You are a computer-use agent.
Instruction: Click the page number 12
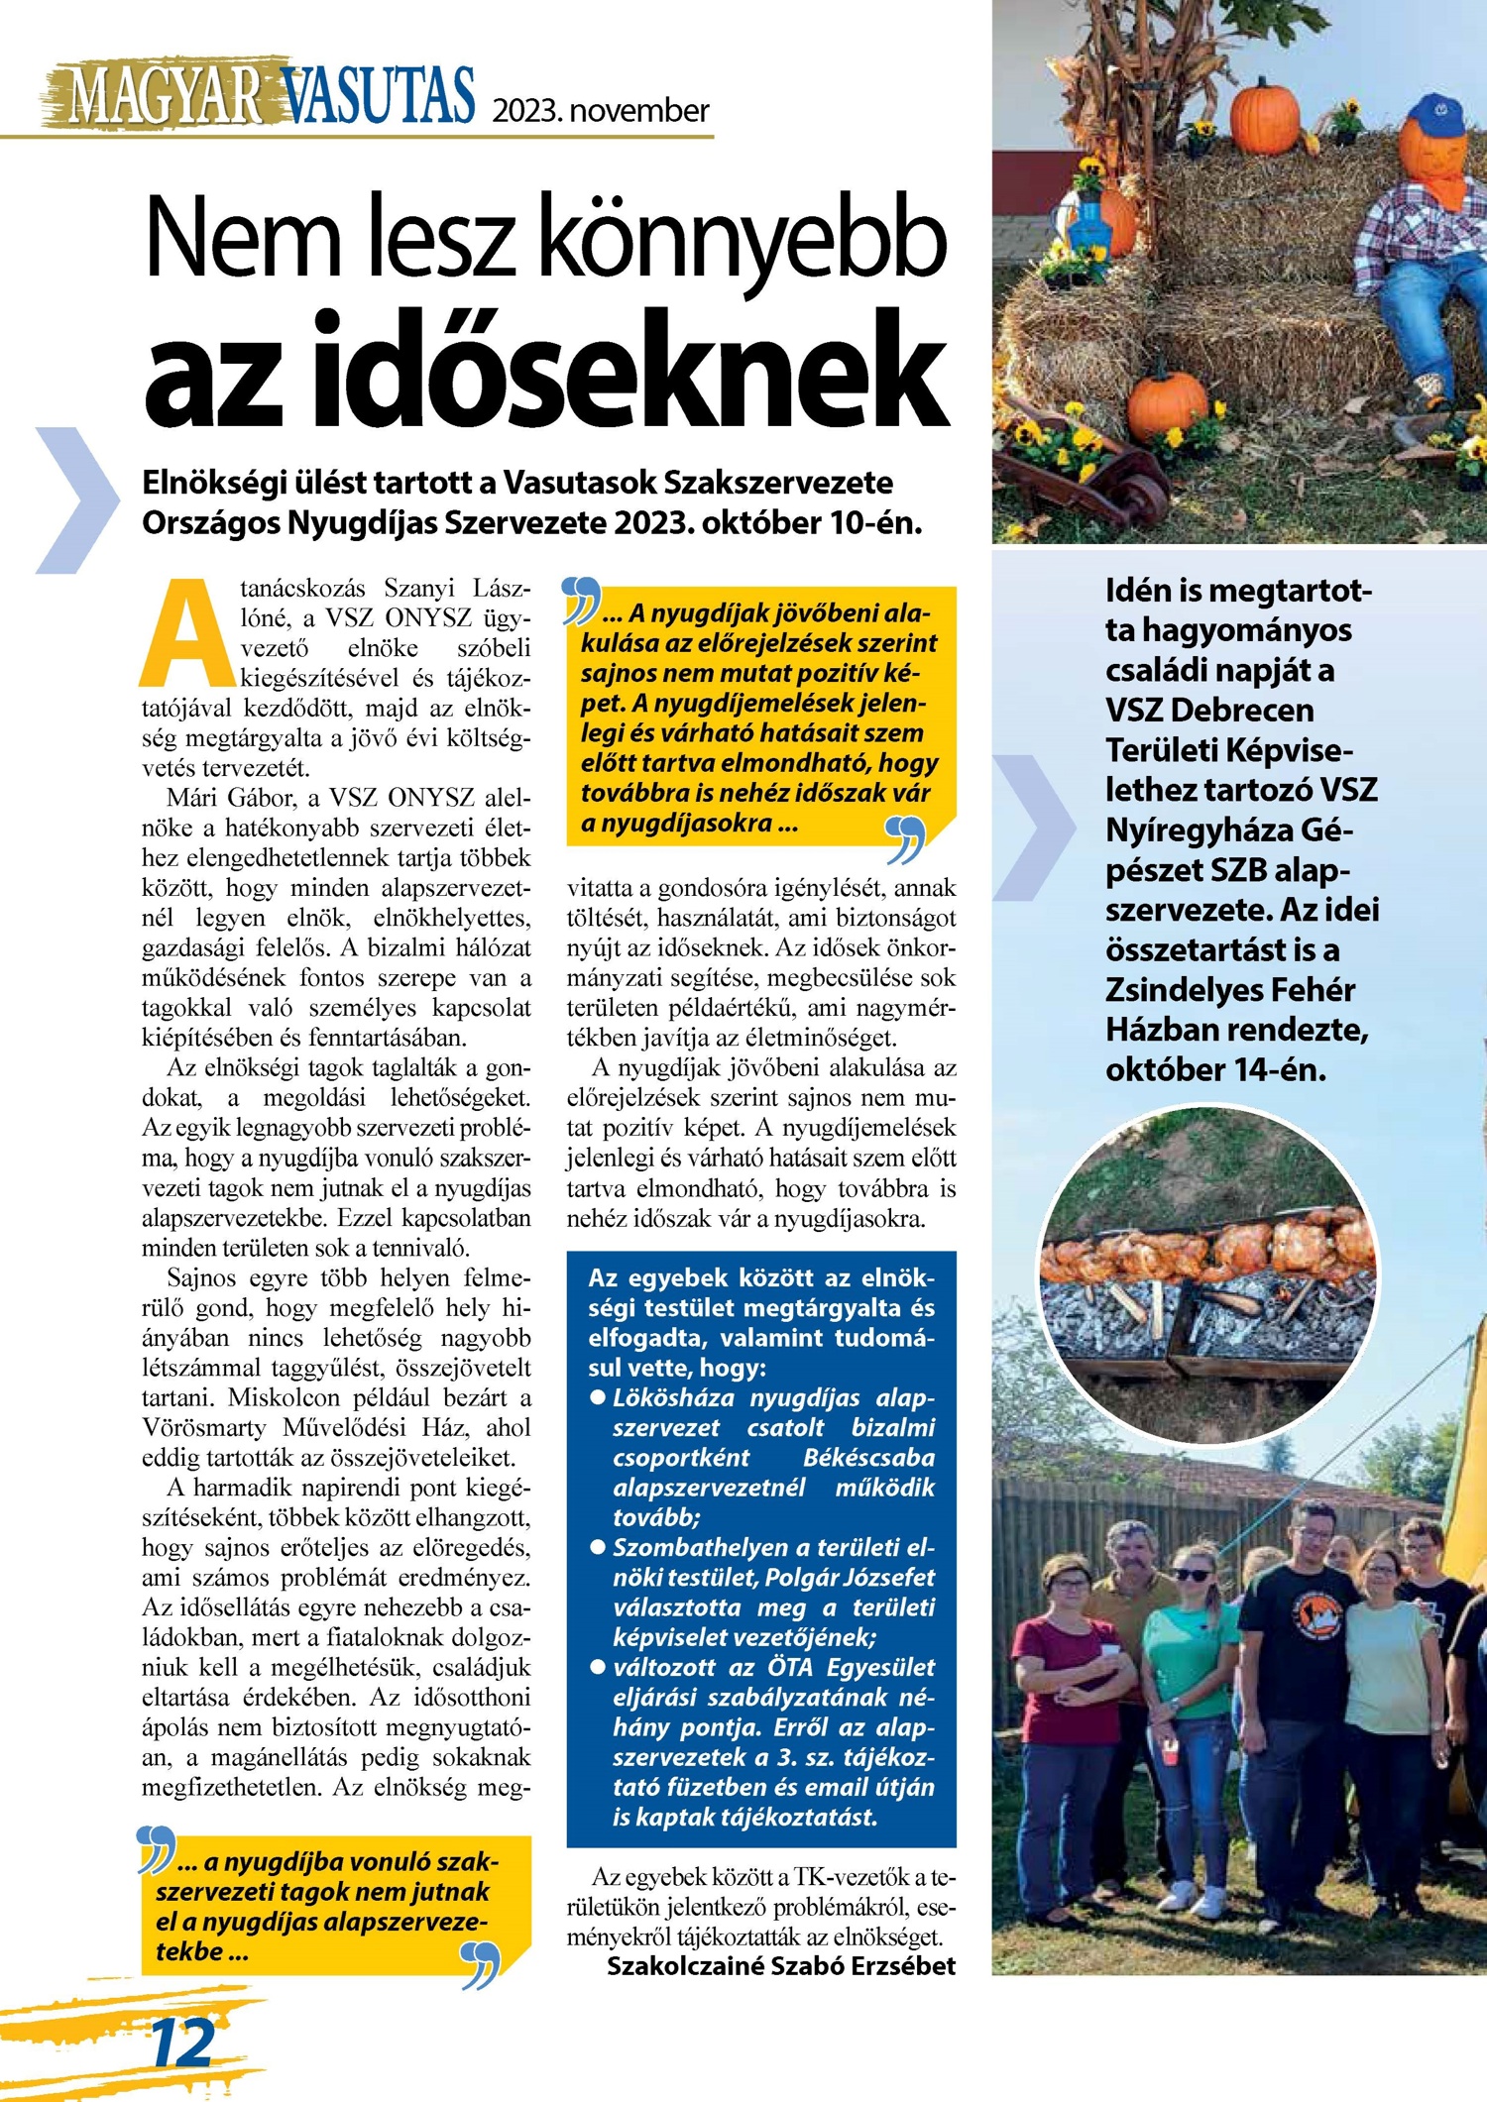[182, 2043]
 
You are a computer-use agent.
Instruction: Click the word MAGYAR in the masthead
[164, 97]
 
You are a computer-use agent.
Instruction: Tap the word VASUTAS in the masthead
[378, 96]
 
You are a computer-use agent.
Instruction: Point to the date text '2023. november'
[601, 110]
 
